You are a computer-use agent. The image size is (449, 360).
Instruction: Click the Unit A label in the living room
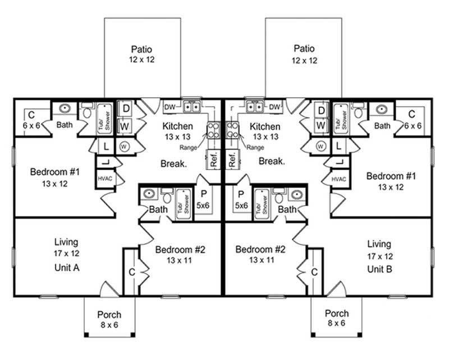click(66, 268)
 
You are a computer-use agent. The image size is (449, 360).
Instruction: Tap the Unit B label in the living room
click(380, 268)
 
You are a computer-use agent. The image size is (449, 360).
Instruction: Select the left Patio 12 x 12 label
click(141, 53)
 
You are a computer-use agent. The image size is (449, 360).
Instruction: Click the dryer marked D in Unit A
click(125, 108)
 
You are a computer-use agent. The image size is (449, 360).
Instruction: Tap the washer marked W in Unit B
click(320, 124)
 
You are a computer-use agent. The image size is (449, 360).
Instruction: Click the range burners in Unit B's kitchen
click(233, 131)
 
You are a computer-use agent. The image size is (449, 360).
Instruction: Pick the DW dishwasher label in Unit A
click(169, 107)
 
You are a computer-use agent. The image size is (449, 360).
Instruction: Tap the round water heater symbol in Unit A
click(125, 147)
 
